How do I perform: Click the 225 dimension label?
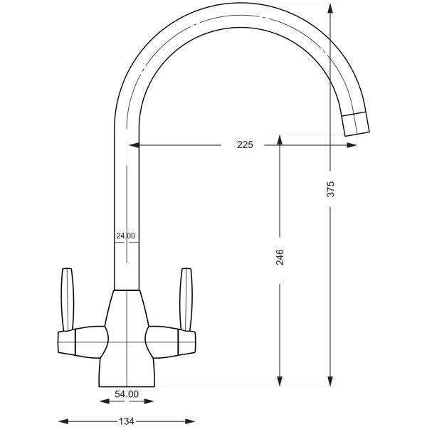point(245,144)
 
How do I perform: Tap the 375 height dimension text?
point(330,189)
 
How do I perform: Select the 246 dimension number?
point(280,257)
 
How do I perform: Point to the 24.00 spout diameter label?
point(125,236)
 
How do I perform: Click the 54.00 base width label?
point(127,394)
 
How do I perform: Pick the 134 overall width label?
point(127,421)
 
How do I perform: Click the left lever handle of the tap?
point(68,300)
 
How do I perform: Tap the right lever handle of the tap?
point(186,300)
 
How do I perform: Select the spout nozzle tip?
point(355,124)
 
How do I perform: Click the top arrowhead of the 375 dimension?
point(330,8)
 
